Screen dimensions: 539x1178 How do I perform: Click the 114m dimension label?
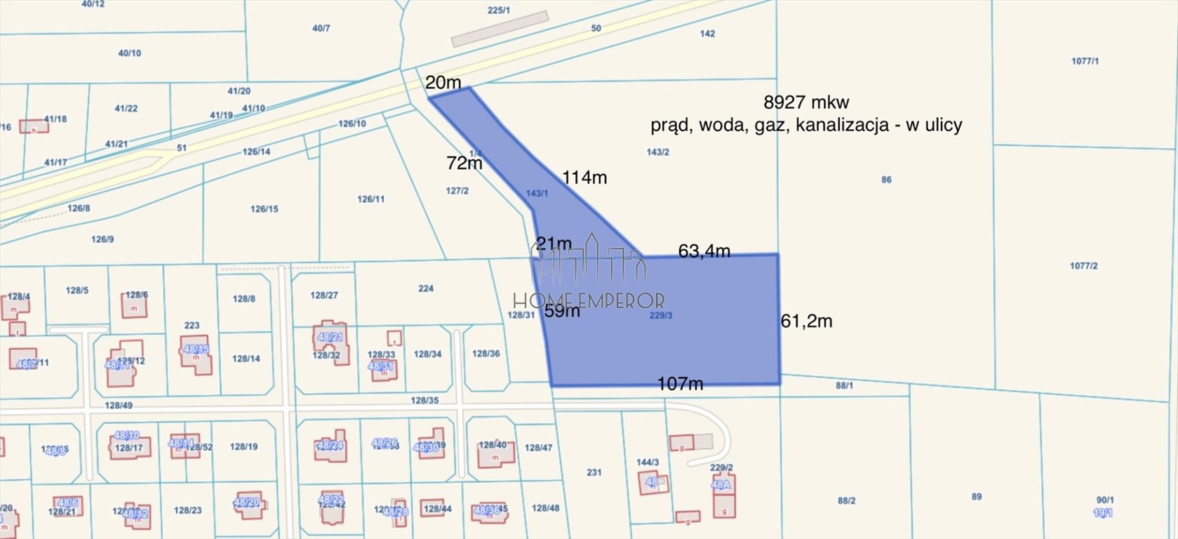click(584, 178)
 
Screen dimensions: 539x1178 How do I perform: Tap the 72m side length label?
click(464, 163)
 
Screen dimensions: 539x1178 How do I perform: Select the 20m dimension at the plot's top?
click(443, 82)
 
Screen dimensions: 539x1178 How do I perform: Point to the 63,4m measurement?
click(704, 251)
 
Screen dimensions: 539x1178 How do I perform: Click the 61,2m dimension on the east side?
click(807, 321)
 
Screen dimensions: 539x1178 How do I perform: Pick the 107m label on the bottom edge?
click(680, 384)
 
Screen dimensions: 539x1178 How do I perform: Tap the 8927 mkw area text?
click(806, 102)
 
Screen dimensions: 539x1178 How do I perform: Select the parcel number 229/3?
click(661, 316)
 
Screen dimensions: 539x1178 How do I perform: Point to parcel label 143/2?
click(657, 152)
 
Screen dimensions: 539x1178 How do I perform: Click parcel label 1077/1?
click(1085, 62)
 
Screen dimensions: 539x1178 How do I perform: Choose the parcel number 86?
click(886, 180)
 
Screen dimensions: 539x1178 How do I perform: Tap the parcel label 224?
click(425, 288)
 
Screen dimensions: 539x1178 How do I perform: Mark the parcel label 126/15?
click(264, 209)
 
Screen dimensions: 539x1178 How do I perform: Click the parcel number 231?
click(594, 472)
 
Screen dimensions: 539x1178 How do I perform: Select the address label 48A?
click(721, 484)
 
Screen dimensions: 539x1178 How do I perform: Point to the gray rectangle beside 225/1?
click(499, 29)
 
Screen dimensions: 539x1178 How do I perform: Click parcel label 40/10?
click(129, 53)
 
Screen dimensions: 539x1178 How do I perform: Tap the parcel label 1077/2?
click(1083, 266)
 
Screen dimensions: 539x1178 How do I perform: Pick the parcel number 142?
click(707, 34)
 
